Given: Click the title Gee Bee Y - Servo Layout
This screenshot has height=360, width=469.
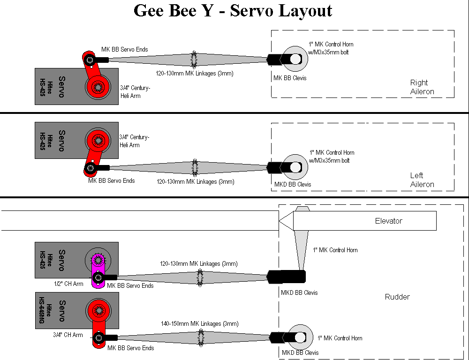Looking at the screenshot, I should (x=233, y=10).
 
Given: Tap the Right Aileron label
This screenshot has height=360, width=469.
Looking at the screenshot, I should (x=422, y=87).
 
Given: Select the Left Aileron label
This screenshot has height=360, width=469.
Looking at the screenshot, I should (x=422, y=180).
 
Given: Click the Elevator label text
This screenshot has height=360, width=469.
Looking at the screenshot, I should (x=388, y=221).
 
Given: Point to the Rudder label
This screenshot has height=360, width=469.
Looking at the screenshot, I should (x=397, y=297).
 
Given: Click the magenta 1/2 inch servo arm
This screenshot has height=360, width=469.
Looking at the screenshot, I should (x=98, y=271).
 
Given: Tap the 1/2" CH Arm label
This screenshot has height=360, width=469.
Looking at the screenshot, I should (x=68, y=284).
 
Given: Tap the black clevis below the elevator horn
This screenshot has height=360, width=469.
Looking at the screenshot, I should (x=286, y=277).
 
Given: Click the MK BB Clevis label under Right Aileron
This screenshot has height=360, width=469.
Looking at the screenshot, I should (x=290, y=78).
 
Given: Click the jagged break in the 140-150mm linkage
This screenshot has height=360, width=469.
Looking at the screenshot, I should (x=201, y=337).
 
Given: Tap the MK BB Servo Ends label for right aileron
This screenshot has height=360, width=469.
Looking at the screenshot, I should (x=125, y=49).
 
